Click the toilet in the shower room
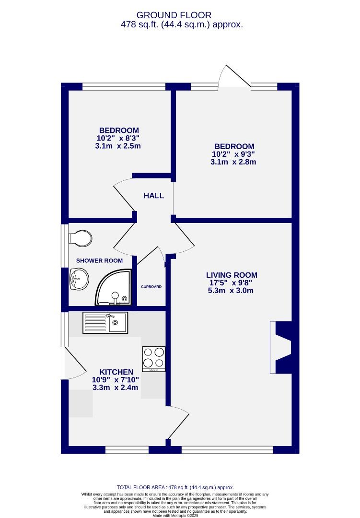tap(80, 237)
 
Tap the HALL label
tap(154, 196)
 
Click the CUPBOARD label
tap(151, 287)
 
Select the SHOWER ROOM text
tap(99, 260)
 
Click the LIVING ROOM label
tap(232, 275)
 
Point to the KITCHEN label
tap(116, 372)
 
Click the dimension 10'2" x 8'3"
tap(118, 138)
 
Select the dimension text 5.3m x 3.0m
tap(232, 291)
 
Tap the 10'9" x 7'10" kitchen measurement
tap(116, 380)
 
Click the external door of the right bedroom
tap(234, 77)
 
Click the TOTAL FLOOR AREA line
tap(179, 487)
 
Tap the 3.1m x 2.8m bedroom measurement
tap(233, 162)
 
